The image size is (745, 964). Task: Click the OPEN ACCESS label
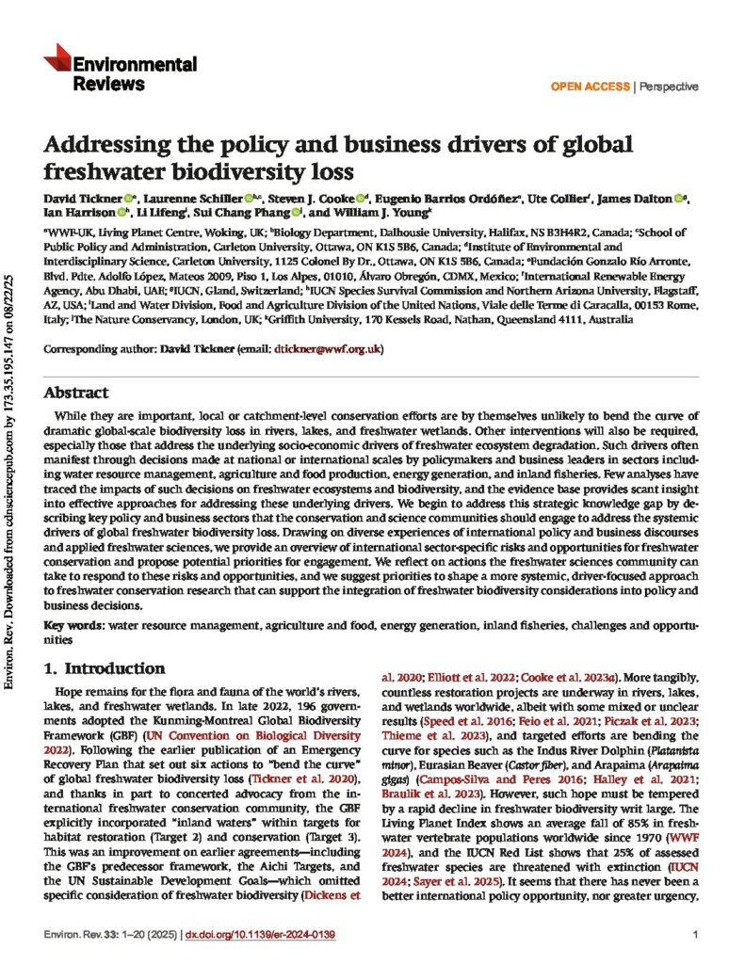point(591,87)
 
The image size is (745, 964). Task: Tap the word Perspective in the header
point(670,87)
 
